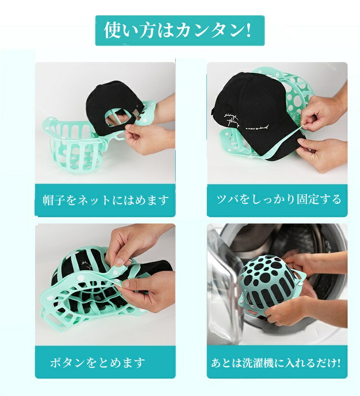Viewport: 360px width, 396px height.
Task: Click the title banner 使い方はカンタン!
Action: pyautogui.click(x=180, y=30)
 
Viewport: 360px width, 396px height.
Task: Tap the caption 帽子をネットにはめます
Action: pyautogui.click(x=106, y=200)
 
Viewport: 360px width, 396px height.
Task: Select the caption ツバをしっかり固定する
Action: pyautogui.click(x=278, y=199)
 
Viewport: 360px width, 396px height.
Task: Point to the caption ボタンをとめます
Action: pyautogui.click(x=97, y=363)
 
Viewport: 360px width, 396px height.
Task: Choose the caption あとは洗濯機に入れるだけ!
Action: pyautogui.click(x=276, y=363)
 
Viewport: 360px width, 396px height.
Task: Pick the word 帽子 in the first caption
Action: pyautogui.click(x=51, y=200)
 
